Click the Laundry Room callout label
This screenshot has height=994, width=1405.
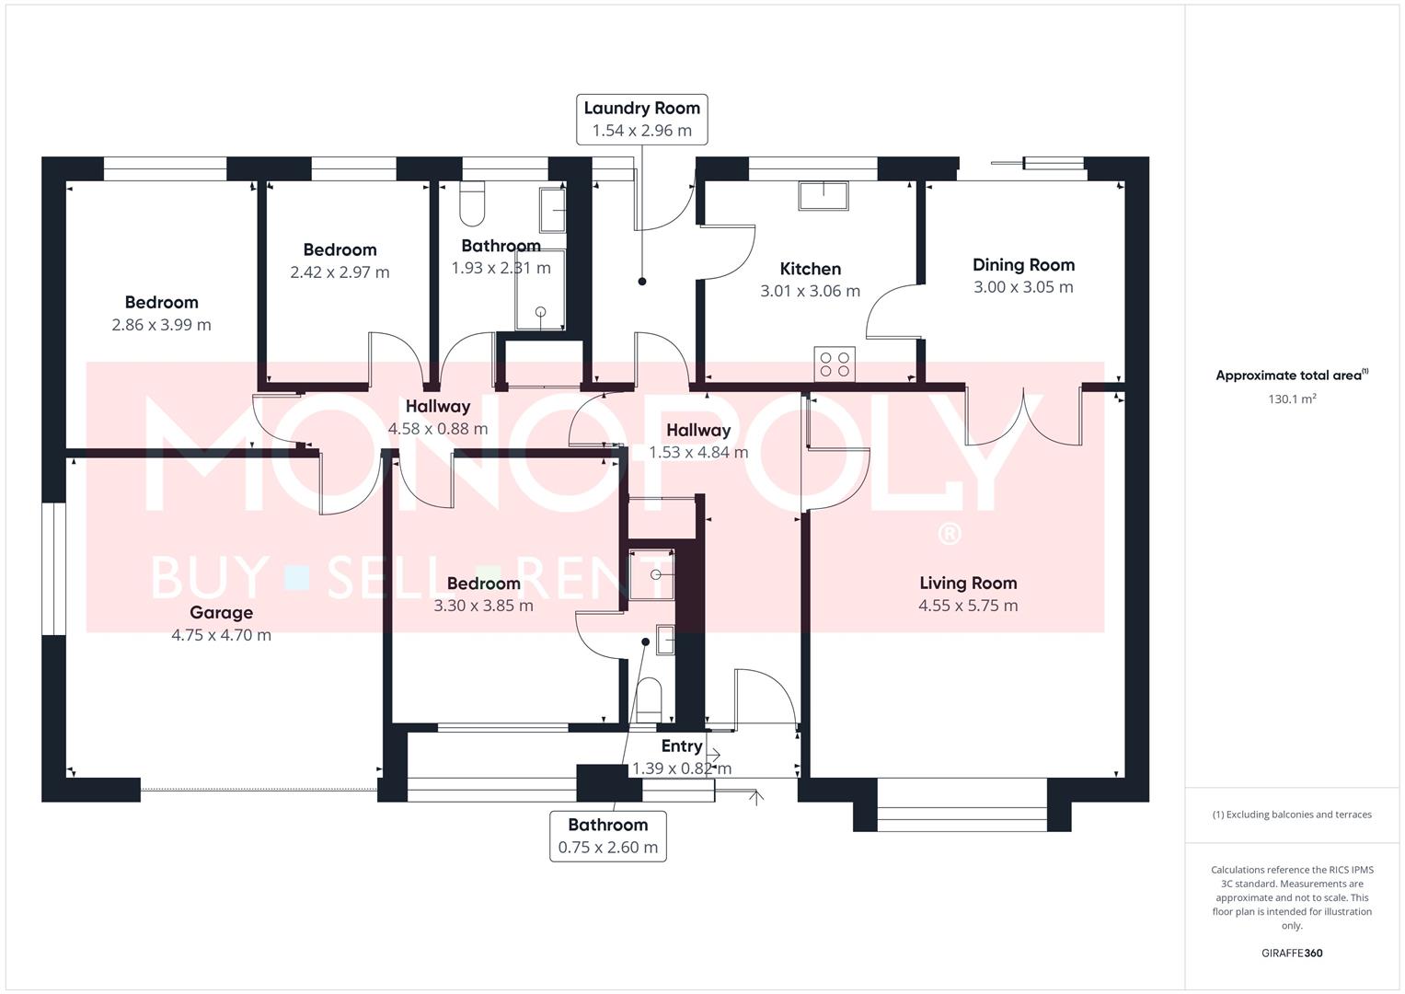(x=641, y=120)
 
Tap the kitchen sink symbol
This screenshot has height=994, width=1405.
(x=823, y=196)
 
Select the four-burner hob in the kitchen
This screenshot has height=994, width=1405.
(x=835, y=364)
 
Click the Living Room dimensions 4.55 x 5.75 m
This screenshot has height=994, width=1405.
(x=968, y=606)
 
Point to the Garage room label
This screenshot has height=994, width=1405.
(x=222, y=612)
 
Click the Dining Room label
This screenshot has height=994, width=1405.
(x=1024, y=265)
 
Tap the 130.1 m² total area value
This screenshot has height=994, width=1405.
(x=1292, y=399)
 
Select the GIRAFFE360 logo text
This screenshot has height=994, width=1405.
(x=1292, y=953)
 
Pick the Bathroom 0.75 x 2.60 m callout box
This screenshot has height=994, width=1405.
(x=608, y=837)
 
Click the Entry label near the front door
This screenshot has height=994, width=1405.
(x=681, y=746)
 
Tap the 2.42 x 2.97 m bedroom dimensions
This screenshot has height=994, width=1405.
(x=340, y=272)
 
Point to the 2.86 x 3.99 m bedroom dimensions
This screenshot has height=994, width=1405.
(x=161, y=325)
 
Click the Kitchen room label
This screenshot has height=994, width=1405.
(x=810, y=269)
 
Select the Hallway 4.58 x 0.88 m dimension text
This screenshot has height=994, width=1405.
(x=437, y=429)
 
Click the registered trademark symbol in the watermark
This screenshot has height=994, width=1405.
(x=949, y=534)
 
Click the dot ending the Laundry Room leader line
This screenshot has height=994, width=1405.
(x=641, y=282)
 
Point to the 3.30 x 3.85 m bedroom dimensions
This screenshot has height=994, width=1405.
(x=483, y=606)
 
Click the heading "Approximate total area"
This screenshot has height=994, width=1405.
(x=1288, y=376)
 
